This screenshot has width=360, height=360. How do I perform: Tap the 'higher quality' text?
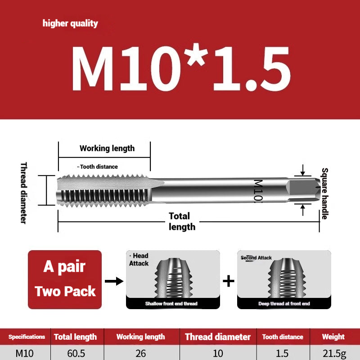tap(70, 23)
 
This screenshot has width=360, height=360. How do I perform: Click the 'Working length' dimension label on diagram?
tap(107, 148)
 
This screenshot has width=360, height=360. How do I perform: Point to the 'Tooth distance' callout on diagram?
tap(98, 166)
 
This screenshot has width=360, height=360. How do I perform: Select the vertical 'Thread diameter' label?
tap(23, 193)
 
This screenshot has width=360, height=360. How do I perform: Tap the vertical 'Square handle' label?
tap(324, 193)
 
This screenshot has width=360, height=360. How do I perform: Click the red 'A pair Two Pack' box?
tap(65, 279)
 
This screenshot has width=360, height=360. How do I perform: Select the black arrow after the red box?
tap(113, 281)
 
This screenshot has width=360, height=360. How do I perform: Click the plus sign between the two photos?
tap(229, 281)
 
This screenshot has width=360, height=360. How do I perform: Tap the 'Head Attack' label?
tap(139, 260)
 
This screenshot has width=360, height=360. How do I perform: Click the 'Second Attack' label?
tap(256, 258)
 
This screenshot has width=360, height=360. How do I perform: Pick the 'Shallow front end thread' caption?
tap(171, 304)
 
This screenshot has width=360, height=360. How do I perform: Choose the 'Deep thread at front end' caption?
tap(283, 304)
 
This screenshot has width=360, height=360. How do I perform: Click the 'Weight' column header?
tap(333, 337)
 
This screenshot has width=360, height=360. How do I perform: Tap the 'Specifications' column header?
tap(27, 337)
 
